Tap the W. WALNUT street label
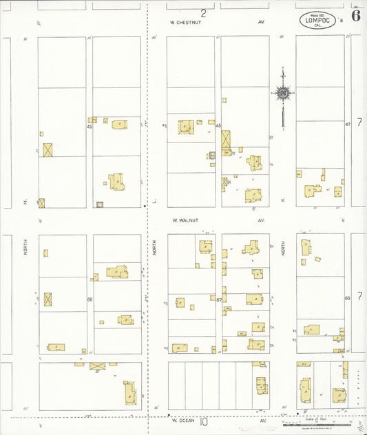(185, 220)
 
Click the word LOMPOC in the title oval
(317, 20)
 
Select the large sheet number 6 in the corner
(355, 16)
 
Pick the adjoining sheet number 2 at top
(204, 13)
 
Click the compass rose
(282, 92)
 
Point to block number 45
(90, 126)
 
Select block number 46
(218, 126)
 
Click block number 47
(348, 124)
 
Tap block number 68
(90, 299)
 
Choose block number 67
(218, 299)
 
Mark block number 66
(348, 297)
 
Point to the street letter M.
(25, 202)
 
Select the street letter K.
(283, 200)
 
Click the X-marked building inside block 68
(48, 299)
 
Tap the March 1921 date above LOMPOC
(317, 14)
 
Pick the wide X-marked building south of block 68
(98, 366)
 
